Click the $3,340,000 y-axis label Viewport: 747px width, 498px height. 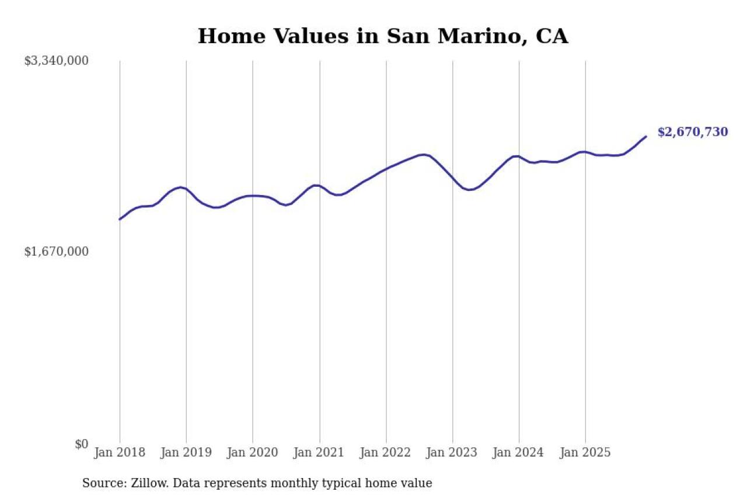(x=56, y=61)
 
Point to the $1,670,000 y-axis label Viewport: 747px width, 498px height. (x=56, y=252)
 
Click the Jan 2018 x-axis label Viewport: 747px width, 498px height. (x=120, y=453)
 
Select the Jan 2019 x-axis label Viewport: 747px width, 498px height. (x=186, y=453)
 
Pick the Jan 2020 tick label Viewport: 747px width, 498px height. (x=253, y=453)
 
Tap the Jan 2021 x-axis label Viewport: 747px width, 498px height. (x=319, y=453)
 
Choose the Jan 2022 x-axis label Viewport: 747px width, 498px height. (x=386, y=453)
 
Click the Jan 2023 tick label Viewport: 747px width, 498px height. (x=452, y=453)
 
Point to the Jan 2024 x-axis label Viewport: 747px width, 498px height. (x=519, y=453)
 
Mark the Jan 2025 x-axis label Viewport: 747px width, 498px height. (x=585, y=453)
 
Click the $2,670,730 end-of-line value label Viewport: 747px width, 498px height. (x=693, y=132)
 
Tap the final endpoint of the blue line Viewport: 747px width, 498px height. (x=646, y=137)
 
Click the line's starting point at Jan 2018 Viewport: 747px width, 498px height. (x=120, y=220)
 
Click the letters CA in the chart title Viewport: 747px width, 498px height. (x=551, y=36)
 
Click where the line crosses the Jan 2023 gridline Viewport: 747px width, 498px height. (x=452, y=177)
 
